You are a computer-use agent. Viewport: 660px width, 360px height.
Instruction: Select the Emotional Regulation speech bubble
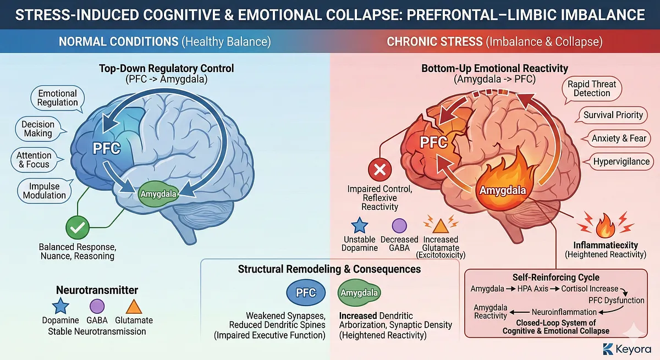pos(58,98)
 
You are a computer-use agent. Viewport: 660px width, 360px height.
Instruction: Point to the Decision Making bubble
pos(38,129)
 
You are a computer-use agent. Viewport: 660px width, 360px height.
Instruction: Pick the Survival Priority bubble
pos(613,115)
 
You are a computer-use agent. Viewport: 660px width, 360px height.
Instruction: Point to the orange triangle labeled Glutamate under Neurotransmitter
pos(134,308)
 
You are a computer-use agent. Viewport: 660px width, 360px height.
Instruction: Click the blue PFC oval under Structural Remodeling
pos(306,292)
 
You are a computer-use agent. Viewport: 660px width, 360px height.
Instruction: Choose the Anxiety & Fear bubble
pos(619,139)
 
